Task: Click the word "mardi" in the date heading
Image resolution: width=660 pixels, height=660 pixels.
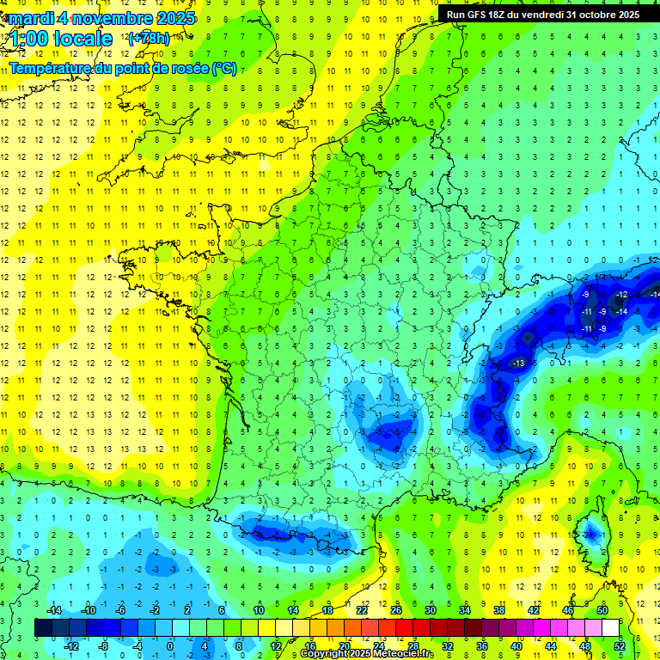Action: click(29, 18)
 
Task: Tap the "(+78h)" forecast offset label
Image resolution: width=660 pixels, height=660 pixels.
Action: click(148, 39)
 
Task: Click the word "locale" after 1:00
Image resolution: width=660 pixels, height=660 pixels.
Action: click(82, 39)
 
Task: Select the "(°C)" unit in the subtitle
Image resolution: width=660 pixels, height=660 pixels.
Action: click(224, 68)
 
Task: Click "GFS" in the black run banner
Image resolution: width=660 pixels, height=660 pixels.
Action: click(480, 15)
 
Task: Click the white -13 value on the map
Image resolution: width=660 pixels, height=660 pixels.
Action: click(518, 364)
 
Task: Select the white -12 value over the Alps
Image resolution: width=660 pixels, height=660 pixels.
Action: click(620, 295)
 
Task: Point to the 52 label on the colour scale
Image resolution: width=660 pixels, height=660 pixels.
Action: click(620, 645)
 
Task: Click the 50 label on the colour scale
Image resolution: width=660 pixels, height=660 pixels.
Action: click(602, 609)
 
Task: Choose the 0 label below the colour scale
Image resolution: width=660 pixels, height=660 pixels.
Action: click(169, 645)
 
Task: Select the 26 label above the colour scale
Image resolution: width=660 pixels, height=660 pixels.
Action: click(396, 609)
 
